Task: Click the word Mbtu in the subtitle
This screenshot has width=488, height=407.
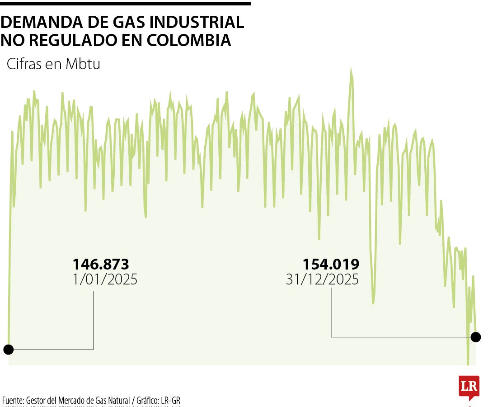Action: click(83, 64)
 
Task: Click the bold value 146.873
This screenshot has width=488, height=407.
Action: click(101, 264)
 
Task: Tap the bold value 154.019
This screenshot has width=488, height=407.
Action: click(331, 264)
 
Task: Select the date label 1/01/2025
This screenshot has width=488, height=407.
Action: click(105, 279)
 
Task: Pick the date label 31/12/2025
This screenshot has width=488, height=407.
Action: click(323, 279)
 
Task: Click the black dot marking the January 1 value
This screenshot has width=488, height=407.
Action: click(8, 349)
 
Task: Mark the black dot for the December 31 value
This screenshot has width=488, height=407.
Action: click(475, 337)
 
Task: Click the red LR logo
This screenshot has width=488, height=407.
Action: click(469, 387)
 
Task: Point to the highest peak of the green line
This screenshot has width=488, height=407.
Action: click(351, 69)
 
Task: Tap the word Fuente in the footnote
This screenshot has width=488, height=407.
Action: click(13, 400)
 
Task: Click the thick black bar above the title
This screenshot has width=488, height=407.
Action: click(125, 4)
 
